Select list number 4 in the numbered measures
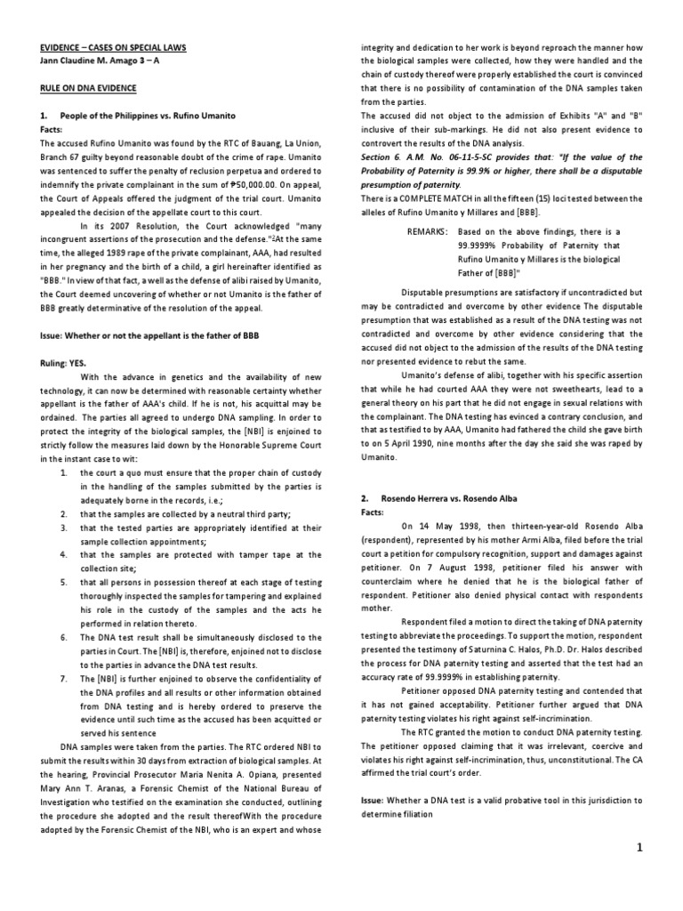tap(64, 553)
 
